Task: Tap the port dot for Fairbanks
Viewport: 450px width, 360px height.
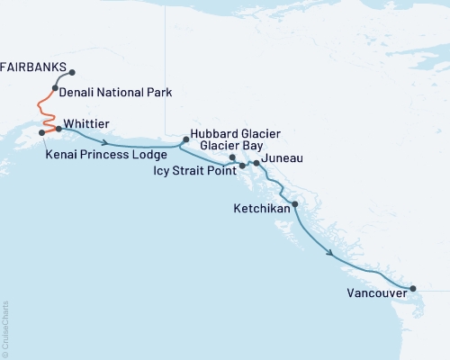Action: pyautogui.click(x=72, y=73)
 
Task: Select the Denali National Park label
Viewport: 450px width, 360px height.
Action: pyautogui.click(x=115, y=92)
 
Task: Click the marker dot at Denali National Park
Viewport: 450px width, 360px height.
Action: pyautogui.click(x=56, y=88)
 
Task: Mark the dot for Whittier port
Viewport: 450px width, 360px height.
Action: pyautogui.click(x=58, y=129)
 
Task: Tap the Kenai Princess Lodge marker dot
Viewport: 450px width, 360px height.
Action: pyautogui.click(x=41, y=133)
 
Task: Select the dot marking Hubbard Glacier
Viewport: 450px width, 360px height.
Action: pyautogui.click(x=186, y=139)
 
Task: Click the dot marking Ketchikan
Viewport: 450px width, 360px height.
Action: pyautogui.click(x=295, y=205)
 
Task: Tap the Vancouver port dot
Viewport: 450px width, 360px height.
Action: pyautogui.click(x=413, y=289)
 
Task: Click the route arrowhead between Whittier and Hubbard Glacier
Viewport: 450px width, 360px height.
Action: pyautogui.click(x=107, y=142)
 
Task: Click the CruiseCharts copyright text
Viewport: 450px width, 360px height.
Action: pyautogui.click(x=5, y=325)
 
